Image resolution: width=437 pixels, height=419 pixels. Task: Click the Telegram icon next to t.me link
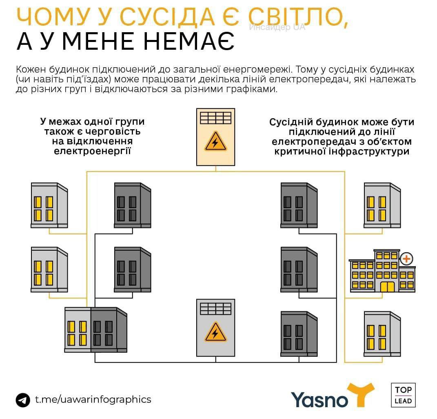tap(23, 399)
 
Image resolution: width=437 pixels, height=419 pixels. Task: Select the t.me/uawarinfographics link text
tap(93, 399)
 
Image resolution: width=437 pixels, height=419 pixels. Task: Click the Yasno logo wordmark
tap(319, 399)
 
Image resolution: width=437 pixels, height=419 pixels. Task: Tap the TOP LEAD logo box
tap(403, 395)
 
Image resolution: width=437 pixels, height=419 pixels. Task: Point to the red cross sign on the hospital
tap(406, 258)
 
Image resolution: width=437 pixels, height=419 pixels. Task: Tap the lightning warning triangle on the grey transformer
tap(215, 333)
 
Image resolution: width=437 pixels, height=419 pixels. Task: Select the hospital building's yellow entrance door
tap(387, 286)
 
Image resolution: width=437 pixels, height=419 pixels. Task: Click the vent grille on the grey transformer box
tap(215, 308)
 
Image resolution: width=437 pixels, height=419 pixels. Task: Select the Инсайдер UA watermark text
tap(277, 28)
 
